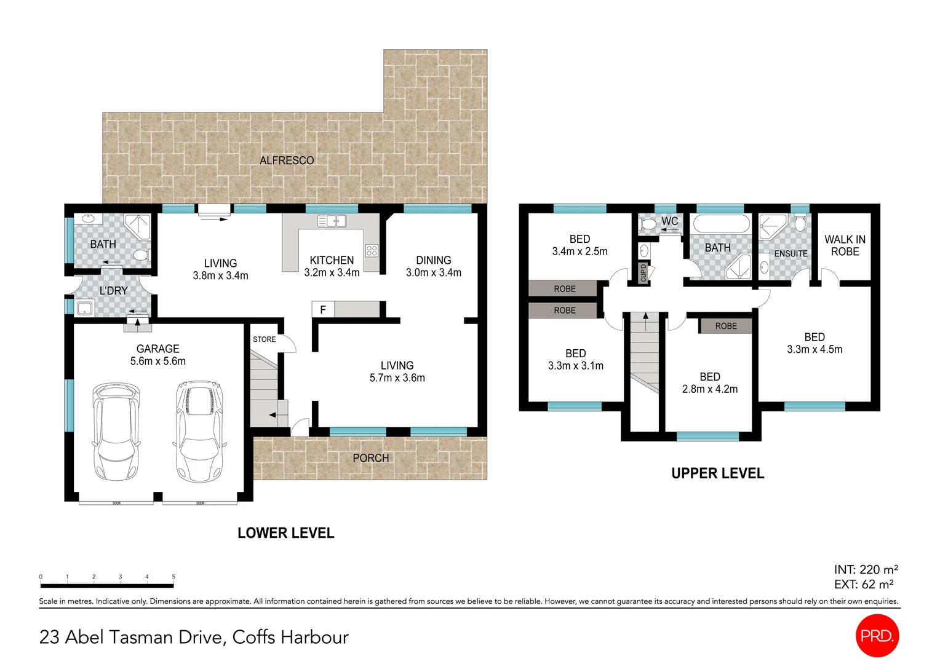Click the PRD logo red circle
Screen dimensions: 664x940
(877, 635)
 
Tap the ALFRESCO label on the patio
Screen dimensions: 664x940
(287, 160)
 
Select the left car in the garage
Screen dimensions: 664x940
(115, 432)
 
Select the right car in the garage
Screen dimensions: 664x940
(200, 432)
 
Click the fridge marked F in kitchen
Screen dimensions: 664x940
(322, 310)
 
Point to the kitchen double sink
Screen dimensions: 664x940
(332, 221)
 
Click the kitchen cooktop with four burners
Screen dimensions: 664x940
(372, 250)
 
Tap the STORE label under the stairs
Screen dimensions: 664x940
(265, 339)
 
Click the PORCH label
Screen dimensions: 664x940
(370, 458)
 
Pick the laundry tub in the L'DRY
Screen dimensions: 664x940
(84, 307)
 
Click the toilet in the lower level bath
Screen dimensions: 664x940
(141, 255)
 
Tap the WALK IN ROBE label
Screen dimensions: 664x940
(845, 245)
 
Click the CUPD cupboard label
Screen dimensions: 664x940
(643, 272)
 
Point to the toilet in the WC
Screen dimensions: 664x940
(648, 224)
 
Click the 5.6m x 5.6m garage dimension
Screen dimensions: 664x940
(157, 362)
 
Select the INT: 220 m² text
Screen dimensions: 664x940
(866, 569)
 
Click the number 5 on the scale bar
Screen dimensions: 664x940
(173, 577)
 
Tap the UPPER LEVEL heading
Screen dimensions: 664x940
(717, 473)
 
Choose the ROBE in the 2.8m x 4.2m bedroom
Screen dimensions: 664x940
(726, 326)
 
